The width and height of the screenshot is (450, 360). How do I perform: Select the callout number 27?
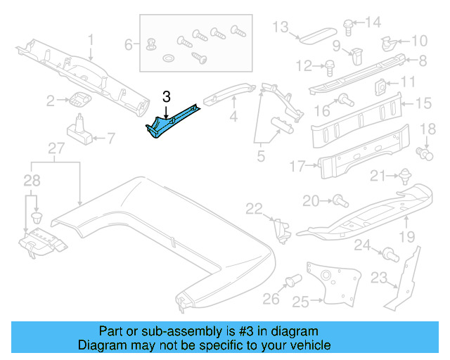(56, 148)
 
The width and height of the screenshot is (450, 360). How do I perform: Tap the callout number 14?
(373, 21)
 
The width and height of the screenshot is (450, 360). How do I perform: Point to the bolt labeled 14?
(349, 25)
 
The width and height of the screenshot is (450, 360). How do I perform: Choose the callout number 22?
(254, 207)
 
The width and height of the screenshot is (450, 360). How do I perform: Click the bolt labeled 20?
(337, 201)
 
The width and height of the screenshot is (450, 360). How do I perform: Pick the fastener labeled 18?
(424, 151)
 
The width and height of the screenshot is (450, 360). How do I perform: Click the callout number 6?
(129, 45)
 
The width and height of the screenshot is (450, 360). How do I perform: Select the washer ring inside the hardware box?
(170, 56)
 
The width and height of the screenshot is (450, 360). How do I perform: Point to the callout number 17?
(298, 167)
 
